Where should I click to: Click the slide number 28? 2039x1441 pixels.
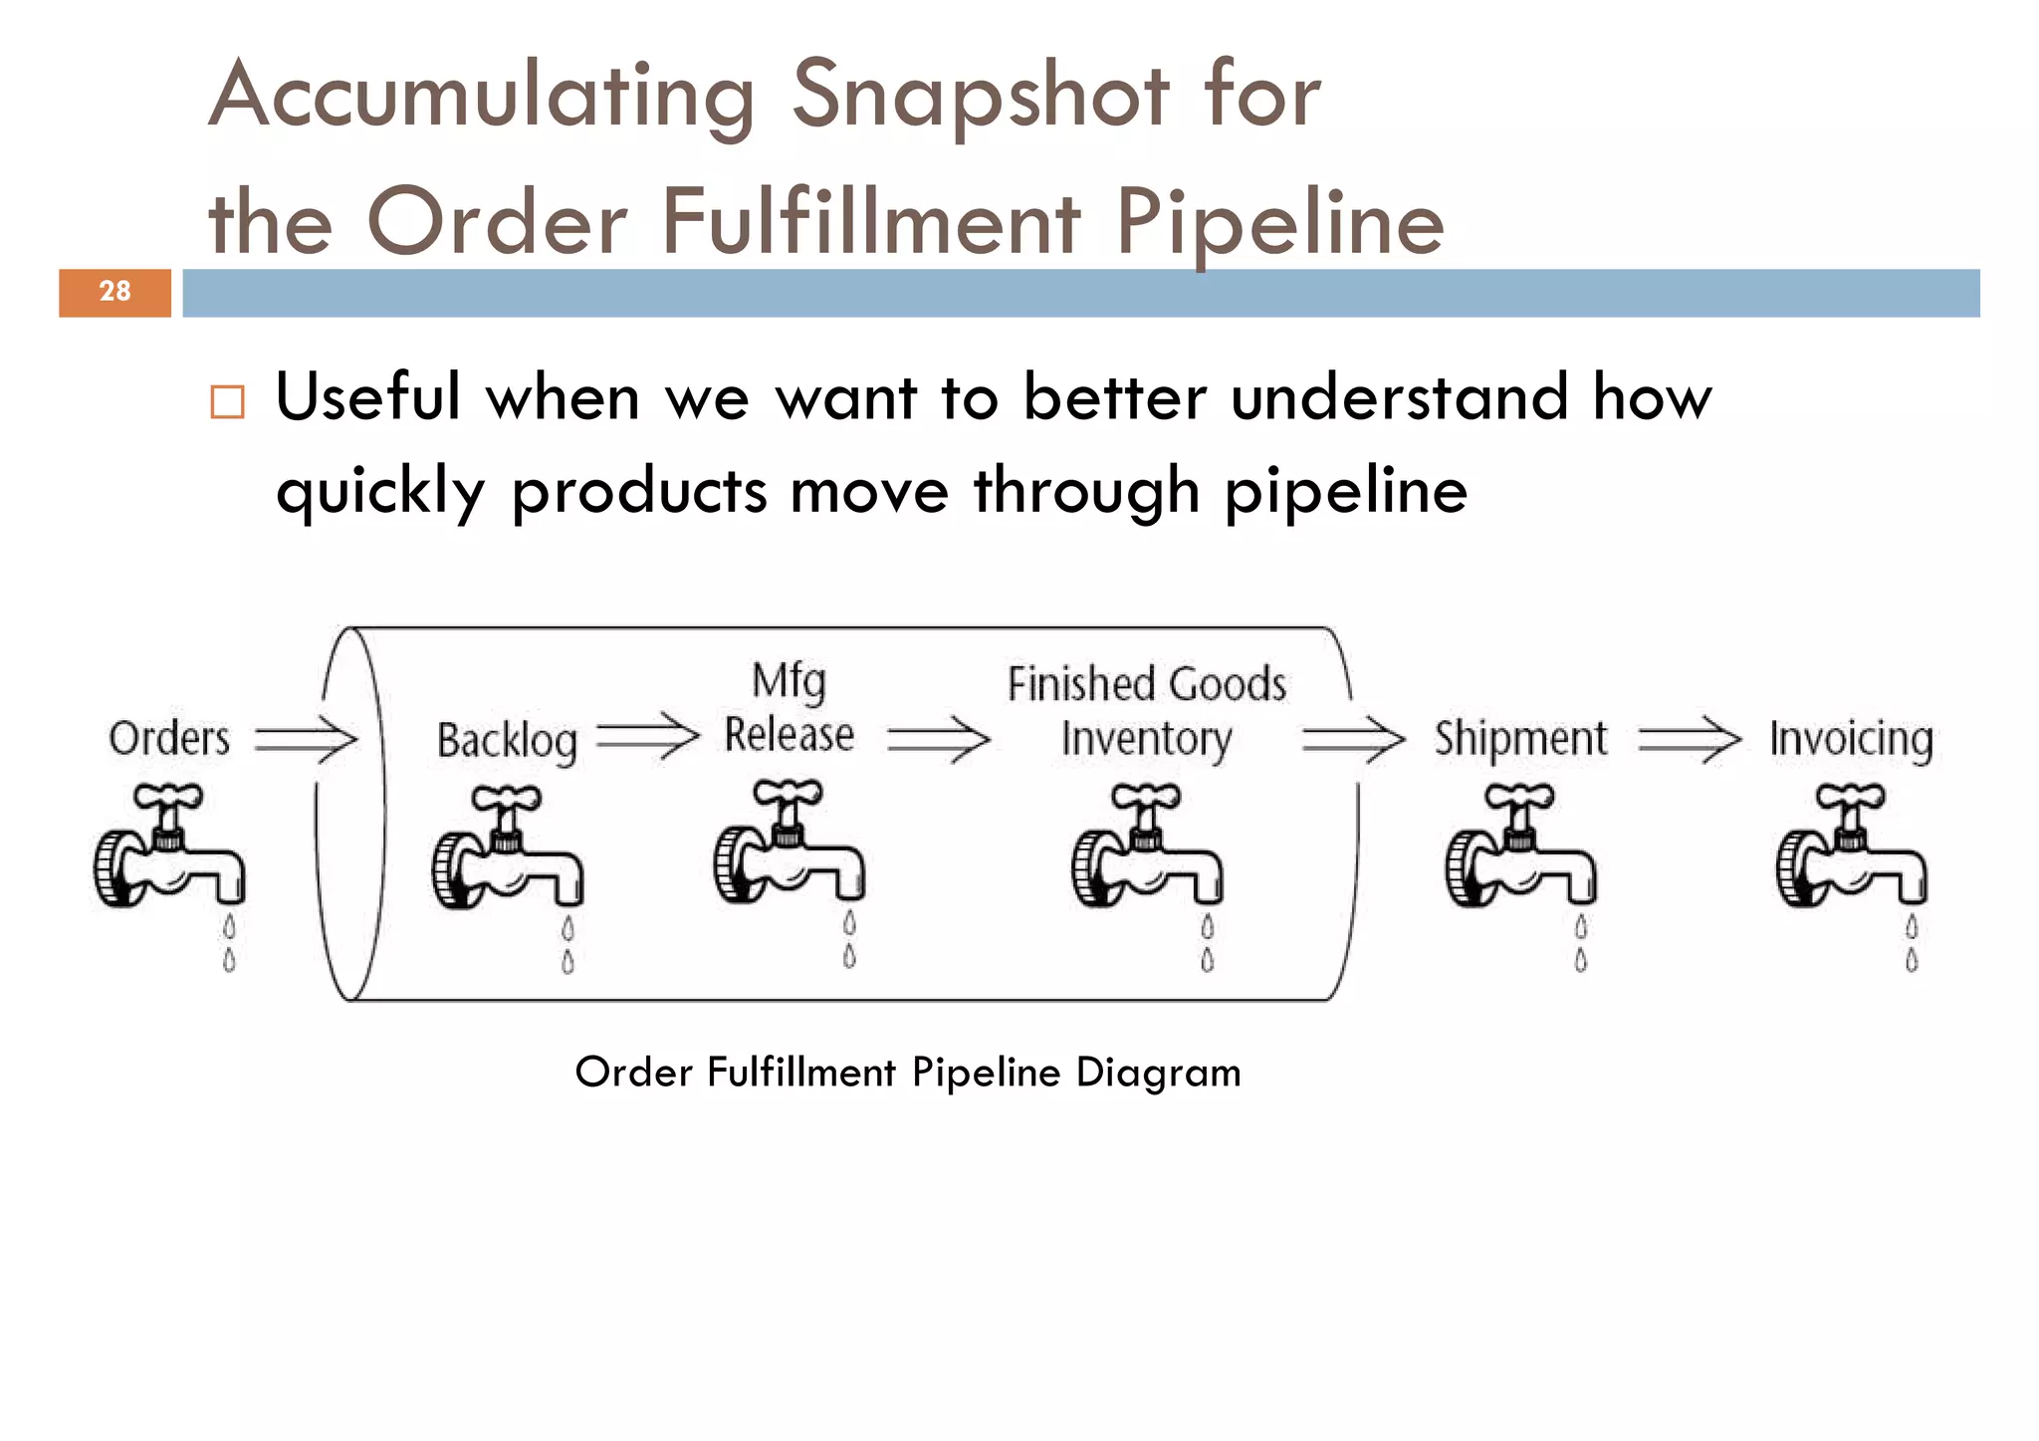(114, 292)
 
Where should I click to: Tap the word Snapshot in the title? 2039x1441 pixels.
(980, 97)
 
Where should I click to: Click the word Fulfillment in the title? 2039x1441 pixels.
(870, 222)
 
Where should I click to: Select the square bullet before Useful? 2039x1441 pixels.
(227, 402)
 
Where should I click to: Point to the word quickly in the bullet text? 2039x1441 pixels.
(380, 492)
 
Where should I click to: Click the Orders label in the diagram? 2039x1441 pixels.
(169, 739)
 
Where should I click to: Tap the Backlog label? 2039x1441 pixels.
(507, 742)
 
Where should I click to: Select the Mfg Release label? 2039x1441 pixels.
(789, 709)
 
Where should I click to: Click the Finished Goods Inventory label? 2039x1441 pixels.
(1147, 711)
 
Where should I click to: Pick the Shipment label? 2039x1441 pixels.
(1520, 739)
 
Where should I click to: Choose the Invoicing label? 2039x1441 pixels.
(1851, 740)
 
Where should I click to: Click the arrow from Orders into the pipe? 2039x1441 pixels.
(306, 740)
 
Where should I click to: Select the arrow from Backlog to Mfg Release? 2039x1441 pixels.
(648, 738)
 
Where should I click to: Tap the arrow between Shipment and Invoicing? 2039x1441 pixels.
(1690, 740)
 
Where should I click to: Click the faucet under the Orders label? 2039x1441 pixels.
(169, 846)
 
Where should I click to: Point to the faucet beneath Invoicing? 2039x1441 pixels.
(1852, 846)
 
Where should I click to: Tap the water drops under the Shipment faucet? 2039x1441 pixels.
(1581, 943)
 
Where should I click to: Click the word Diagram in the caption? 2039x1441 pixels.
(1158, 1073)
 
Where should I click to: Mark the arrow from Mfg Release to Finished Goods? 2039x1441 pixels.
(938, 740)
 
